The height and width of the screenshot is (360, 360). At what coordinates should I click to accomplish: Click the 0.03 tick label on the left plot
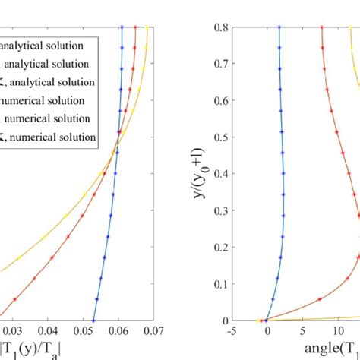click(12, 331)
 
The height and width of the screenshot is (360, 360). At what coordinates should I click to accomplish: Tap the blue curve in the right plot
click(282, 152)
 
